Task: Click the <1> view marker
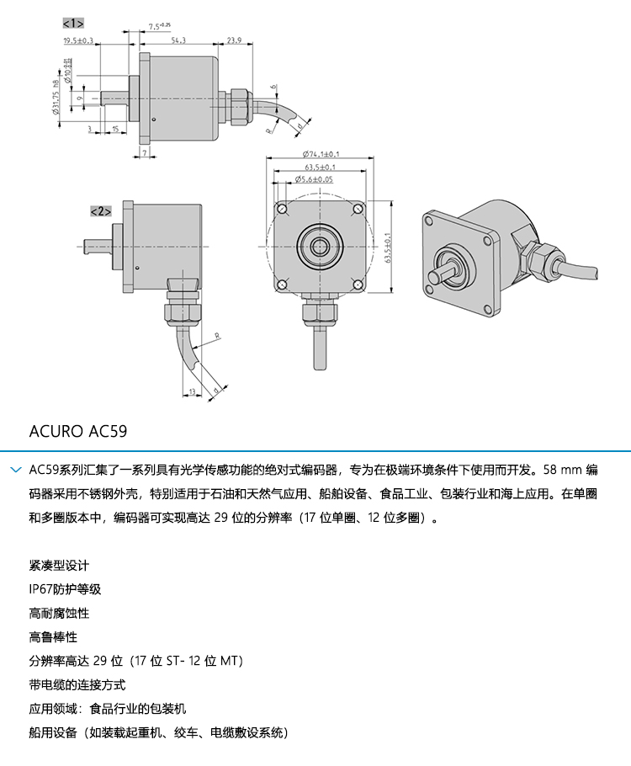73,23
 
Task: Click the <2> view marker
101,211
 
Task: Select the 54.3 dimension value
178,40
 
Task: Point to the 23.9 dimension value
234,40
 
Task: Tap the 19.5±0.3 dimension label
78,40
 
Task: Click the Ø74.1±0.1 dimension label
321,154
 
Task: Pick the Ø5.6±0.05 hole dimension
314,179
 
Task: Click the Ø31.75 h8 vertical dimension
55,97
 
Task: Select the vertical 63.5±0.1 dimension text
388,247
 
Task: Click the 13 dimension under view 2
192,391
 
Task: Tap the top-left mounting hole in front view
282,209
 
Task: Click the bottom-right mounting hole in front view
358,285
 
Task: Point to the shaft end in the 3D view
432,278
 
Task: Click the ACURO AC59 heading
78,431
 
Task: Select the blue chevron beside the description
16,470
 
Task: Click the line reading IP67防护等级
65,589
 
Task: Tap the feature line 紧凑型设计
59,565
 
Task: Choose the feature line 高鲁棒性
53,637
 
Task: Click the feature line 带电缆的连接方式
77,685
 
